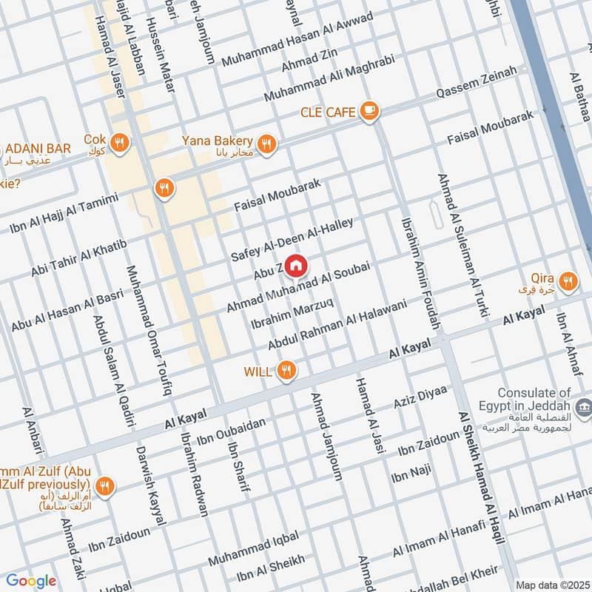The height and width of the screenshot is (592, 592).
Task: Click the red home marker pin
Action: click(x=296, y=266)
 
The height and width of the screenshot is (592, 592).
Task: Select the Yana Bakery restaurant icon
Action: click(x=267, y=143)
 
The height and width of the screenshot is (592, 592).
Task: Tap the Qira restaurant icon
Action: click(x=568, y=280)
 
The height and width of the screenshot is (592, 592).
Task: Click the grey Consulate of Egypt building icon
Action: click(x=583, y=406)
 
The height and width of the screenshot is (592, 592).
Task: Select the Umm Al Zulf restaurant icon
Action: click(x=106, y=486)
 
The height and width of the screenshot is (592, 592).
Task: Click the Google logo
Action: click(x=31, y=581)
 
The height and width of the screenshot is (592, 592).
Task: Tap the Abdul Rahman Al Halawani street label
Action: click(x=337, y=324)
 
